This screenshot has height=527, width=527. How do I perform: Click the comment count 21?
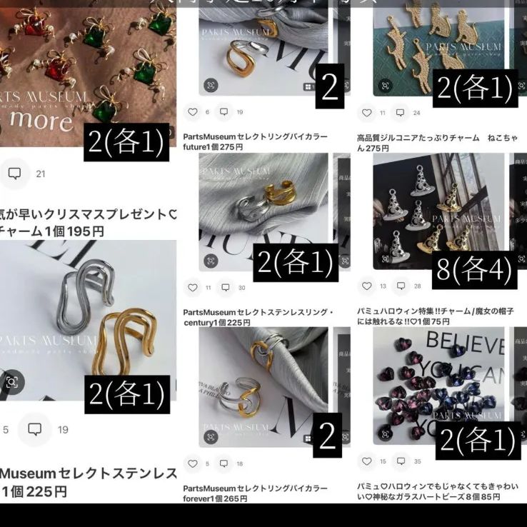[41, 174]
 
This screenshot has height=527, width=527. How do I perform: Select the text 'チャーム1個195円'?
[53, 231]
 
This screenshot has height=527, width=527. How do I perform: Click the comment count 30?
[241, 288]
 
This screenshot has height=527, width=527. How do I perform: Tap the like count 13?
[383, 286]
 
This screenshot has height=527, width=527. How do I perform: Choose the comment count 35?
[418, 461]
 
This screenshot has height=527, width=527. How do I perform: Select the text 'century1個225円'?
[216, 323]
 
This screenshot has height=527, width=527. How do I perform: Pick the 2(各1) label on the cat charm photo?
[475, 88]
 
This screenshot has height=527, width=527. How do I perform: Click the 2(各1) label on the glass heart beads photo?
[476, 439]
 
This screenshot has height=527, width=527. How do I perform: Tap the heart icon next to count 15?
[366, 461]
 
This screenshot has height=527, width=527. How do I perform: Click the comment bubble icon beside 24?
[401, 113]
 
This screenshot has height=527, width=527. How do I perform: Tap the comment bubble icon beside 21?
[14, 174]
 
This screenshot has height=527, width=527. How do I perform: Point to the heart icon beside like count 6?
[192, 112]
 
